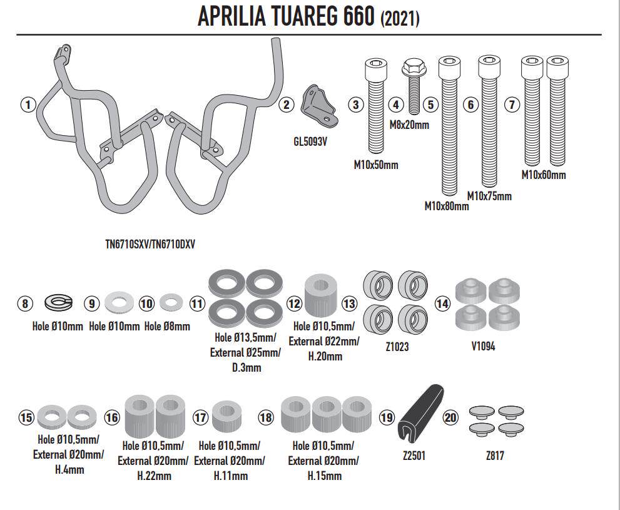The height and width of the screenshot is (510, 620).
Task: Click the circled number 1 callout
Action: click(28, 105)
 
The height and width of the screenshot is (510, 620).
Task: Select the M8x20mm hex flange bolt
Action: click(414, 86)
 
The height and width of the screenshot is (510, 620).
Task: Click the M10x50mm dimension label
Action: click(375, 165)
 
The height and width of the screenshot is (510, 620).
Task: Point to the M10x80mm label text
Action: click(447, 206)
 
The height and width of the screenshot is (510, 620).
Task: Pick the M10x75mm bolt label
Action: click(489, 196)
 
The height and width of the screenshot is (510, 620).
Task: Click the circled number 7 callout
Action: click(512, 105)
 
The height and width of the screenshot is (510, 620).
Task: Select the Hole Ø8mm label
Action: click(167, 327)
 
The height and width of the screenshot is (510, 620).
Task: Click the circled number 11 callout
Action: click(197, 303)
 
